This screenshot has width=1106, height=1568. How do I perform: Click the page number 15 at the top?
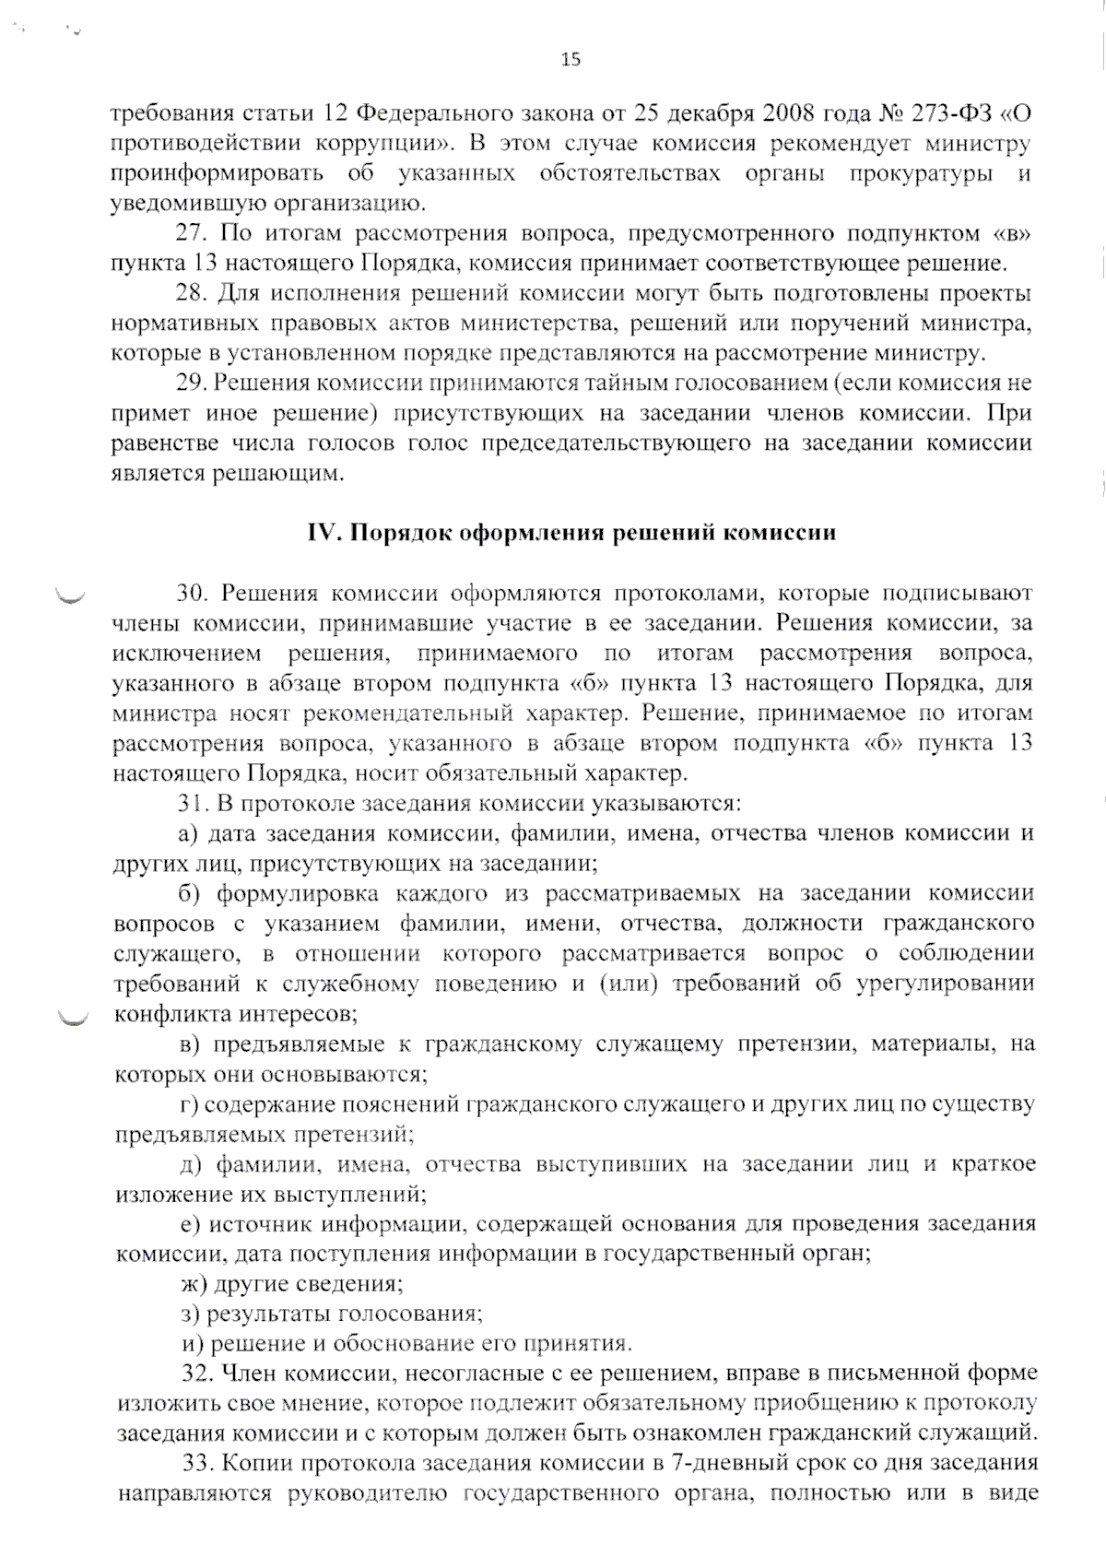point(571,60)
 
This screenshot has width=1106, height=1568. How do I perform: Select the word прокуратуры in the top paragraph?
point(922,174)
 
